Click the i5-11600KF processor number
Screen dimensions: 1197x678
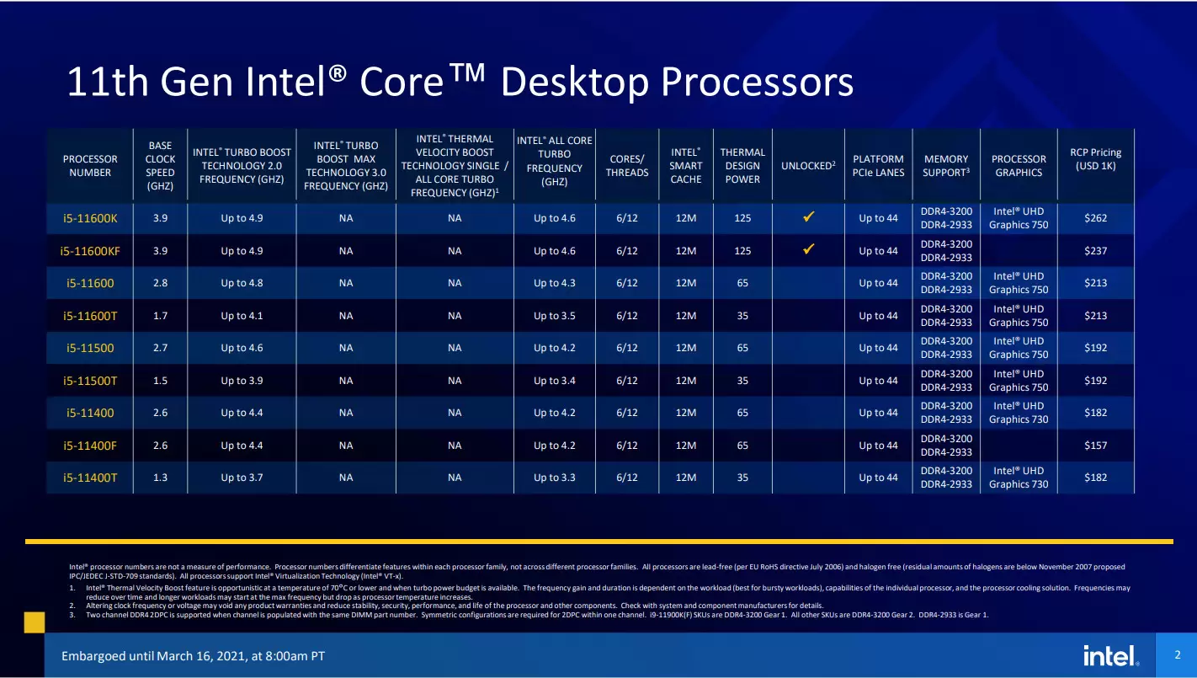(90, 251)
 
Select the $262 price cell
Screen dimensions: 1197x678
(1095, 218)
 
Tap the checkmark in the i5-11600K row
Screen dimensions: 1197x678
(808, 216)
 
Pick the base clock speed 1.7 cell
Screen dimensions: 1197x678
(160, 316)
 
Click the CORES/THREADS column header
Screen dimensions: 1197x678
(627, 166)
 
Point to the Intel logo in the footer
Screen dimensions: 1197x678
(1110, 655)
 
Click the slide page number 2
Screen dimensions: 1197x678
(1178, 655)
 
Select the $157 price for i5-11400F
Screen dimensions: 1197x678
(1095, 446)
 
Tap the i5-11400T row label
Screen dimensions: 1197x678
(90, 478)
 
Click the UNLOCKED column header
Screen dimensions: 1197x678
(808, 166)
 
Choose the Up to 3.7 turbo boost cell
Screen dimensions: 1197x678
(242, 478)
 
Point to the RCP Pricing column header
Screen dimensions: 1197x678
(1095, 159)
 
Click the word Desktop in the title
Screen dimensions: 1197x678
(574, 83)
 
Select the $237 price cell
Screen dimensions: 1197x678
(1095, 251)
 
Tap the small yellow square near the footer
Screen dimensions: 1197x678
(35, 622)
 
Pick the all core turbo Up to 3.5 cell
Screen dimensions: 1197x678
(554, 316)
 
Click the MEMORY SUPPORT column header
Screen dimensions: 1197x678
(946, 166)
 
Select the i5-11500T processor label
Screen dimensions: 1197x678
(90, 381)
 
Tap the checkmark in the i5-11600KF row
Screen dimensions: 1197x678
(808, 249)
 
